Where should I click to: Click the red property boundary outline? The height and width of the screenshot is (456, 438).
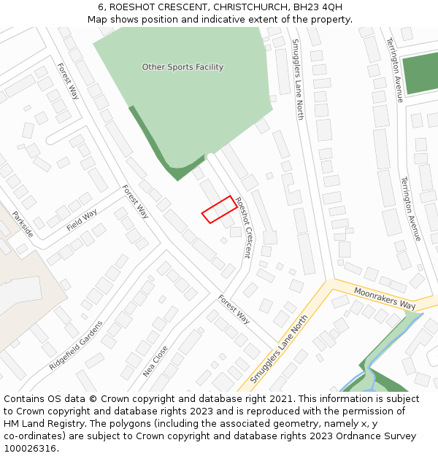(x=218, y=209)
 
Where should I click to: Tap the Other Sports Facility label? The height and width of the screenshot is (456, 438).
(x=182, y=67)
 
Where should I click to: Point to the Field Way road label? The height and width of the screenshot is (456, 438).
(x=82, y=220)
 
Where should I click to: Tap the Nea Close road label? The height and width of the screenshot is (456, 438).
(x=155, y=360)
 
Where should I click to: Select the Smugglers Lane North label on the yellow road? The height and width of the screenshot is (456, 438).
(x=279, y=350)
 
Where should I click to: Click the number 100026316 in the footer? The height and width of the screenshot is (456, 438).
(x=29, y=449)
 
